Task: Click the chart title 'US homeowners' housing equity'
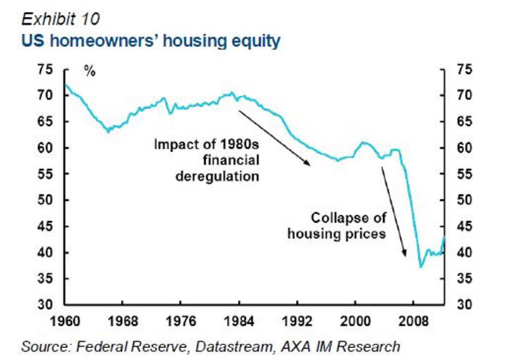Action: [149, 42]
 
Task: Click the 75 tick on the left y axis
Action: [44, 69]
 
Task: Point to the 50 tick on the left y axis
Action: [44, 200]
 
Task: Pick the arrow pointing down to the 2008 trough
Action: [394, 211]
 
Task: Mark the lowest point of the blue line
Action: [421, 267]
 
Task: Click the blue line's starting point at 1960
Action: [66, 85]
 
